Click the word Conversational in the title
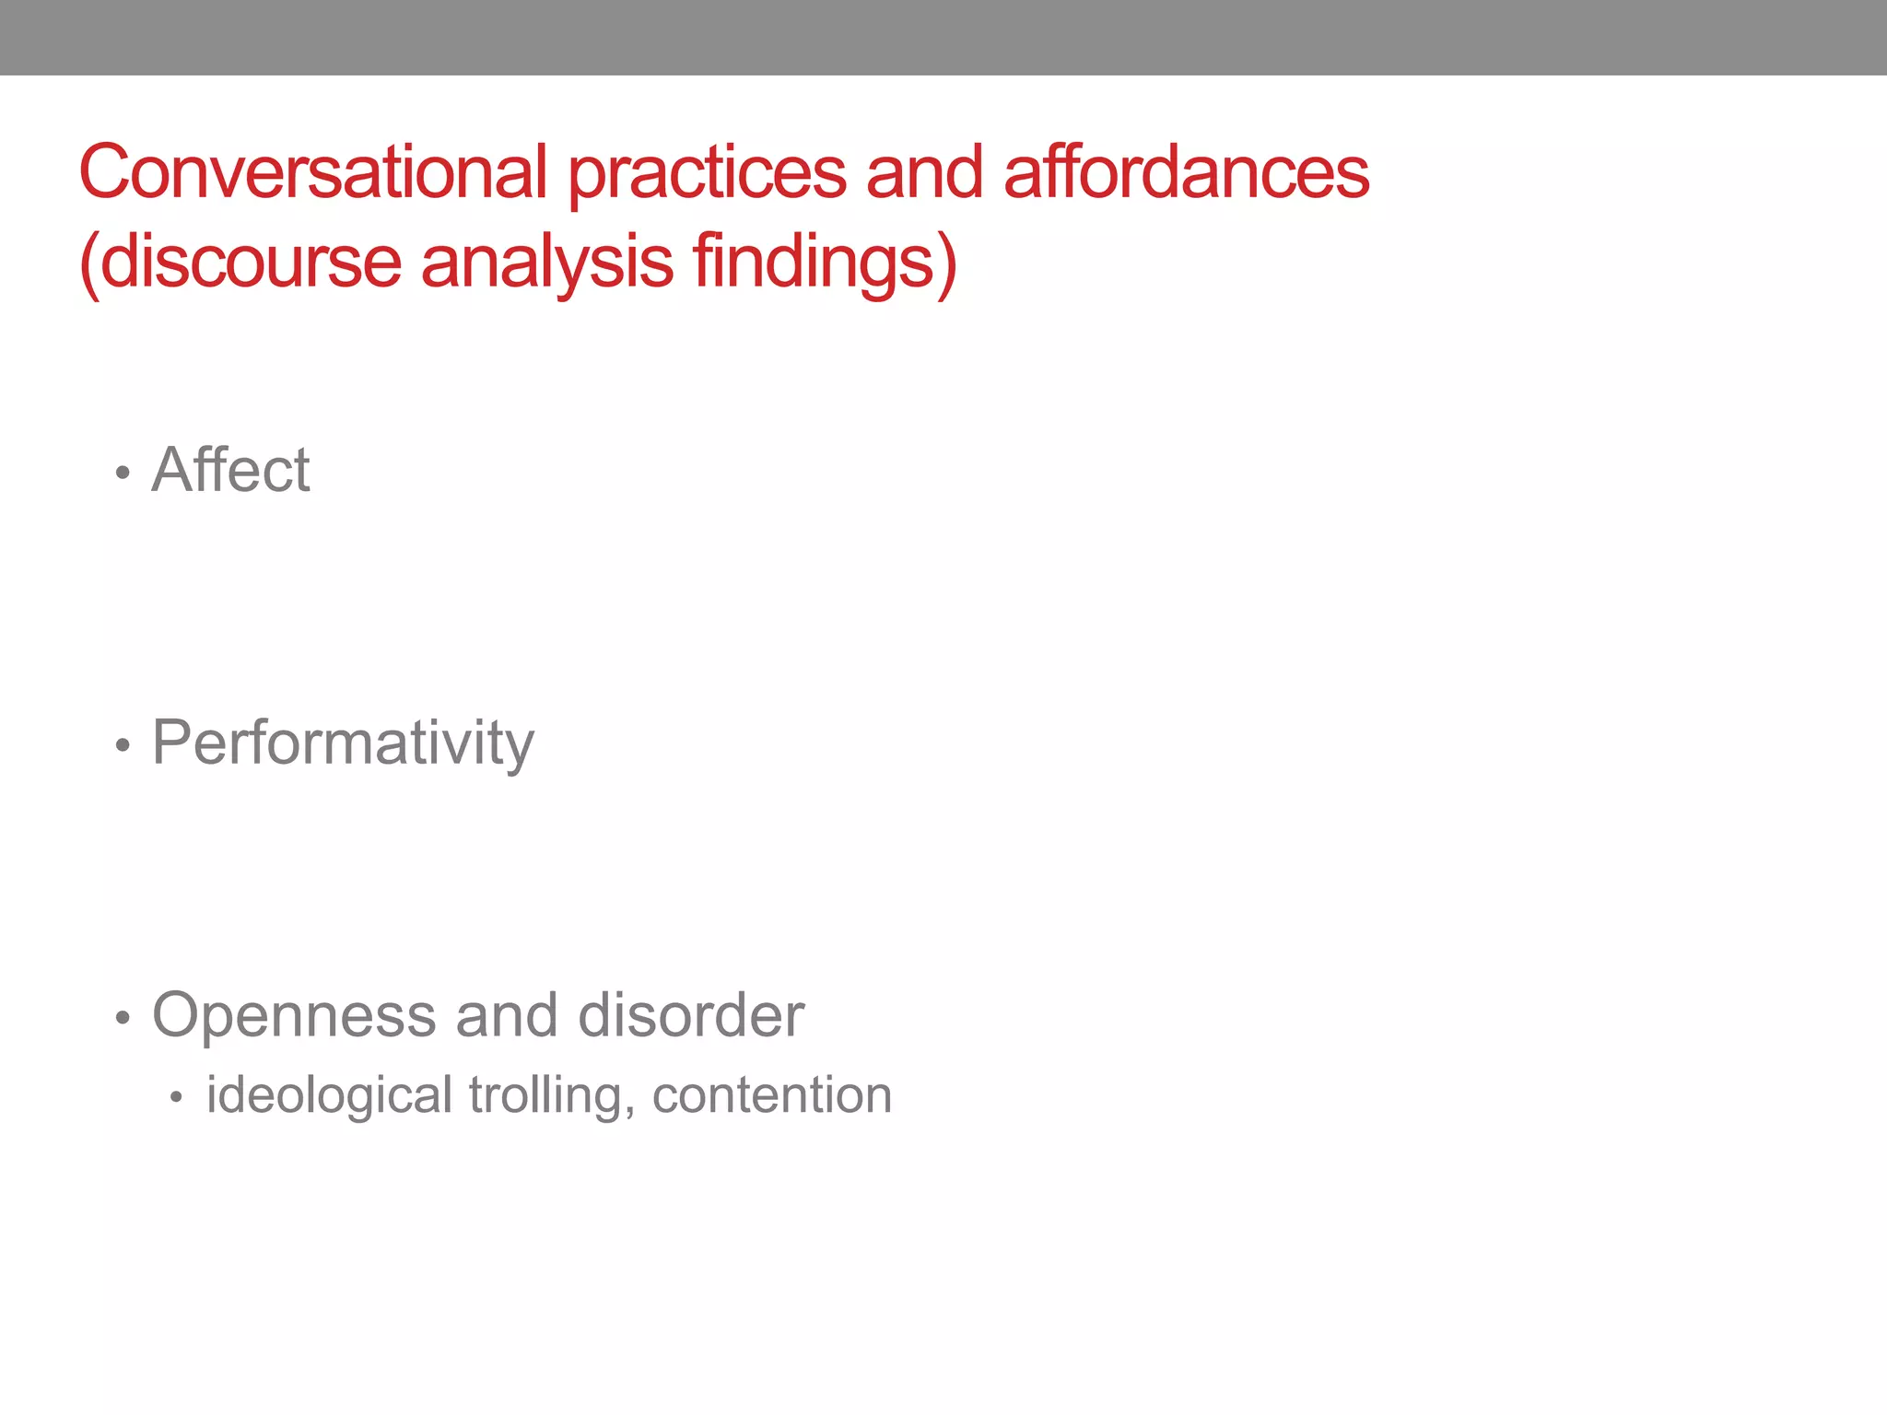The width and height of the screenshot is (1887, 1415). [313, 173]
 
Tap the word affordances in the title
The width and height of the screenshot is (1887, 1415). [1186, 173]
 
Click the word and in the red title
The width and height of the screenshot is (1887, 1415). [924, 173]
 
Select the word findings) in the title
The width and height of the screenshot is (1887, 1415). [826, 263]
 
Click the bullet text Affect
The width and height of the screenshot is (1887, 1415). [231, 470]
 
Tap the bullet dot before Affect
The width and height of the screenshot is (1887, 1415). [123, 474]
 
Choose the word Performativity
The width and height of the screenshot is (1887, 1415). [343, 743]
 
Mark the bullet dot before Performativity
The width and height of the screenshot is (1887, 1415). [123, 746]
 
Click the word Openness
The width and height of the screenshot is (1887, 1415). [294, 1015]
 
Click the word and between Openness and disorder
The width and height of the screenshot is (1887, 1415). [507, 1015]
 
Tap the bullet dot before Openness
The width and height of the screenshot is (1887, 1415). [123, 1019]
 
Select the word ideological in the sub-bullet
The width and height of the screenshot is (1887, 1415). [329, 1095]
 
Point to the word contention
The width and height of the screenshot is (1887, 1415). [772, 1095]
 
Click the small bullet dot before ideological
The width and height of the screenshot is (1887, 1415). [176, 1098]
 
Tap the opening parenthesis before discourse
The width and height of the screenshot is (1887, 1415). [88, 264]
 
